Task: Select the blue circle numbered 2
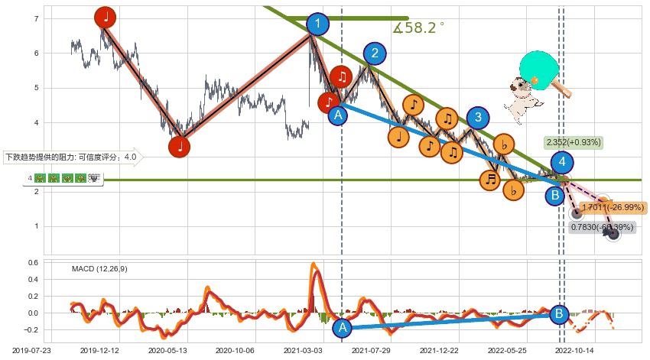point(375,53)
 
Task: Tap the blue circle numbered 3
point(478,117)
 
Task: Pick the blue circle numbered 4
point(563,162)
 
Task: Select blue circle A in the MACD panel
point(342,328)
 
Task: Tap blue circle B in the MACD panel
point(559,313)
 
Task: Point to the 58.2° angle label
point(418,28)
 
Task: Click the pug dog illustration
point(522,99)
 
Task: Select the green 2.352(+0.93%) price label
point(574,142)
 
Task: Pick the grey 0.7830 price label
point(603,227)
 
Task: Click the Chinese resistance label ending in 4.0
point(72,158)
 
